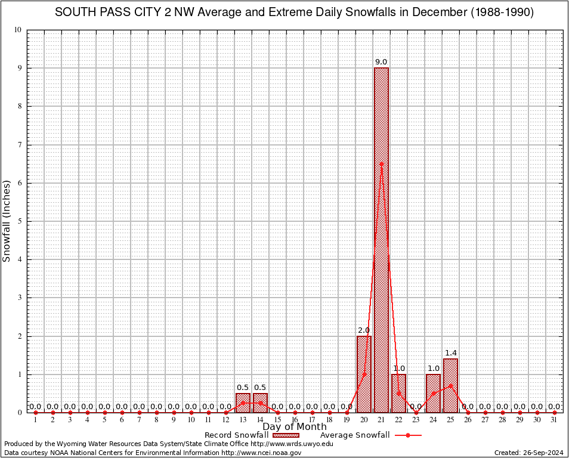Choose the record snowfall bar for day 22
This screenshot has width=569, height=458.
point(398,393)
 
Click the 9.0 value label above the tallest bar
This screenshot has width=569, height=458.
point(381,62)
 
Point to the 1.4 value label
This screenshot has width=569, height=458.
point(450,353)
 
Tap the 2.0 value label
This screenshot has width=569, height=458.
point(364,330)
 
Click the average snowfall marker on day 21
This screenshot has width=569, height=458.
point(381,163)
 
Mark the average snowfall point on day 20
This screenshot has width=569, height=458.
point(364,375)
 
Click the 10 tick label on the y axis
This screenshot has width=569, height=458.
point(18,30)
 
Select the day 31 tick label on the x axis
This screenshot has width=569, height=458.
point(554,420)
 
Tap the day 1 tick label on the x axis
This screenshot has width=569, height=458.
point(35,420)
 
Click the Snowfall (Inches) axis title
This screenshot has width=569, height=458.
point(7,221)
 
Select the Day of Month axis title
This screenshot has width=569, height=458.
point(295,427)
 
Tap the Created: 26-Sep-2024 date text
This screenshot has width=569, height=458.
point(529,453)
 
